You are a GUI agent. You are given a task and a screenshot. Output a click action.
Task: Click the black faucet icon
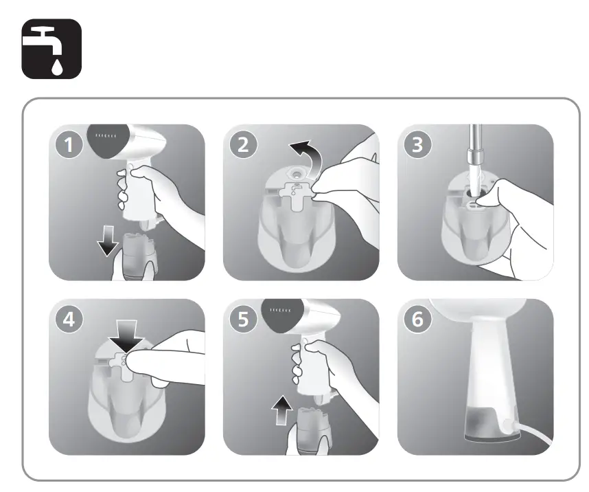click(x=52, y=47)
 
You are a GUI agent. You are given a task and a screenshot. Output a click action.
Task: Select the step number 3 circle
click(x=418, y=146)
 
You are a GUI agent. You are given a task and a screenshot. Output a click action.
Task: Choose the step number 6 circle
click(x=418, y=320)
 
